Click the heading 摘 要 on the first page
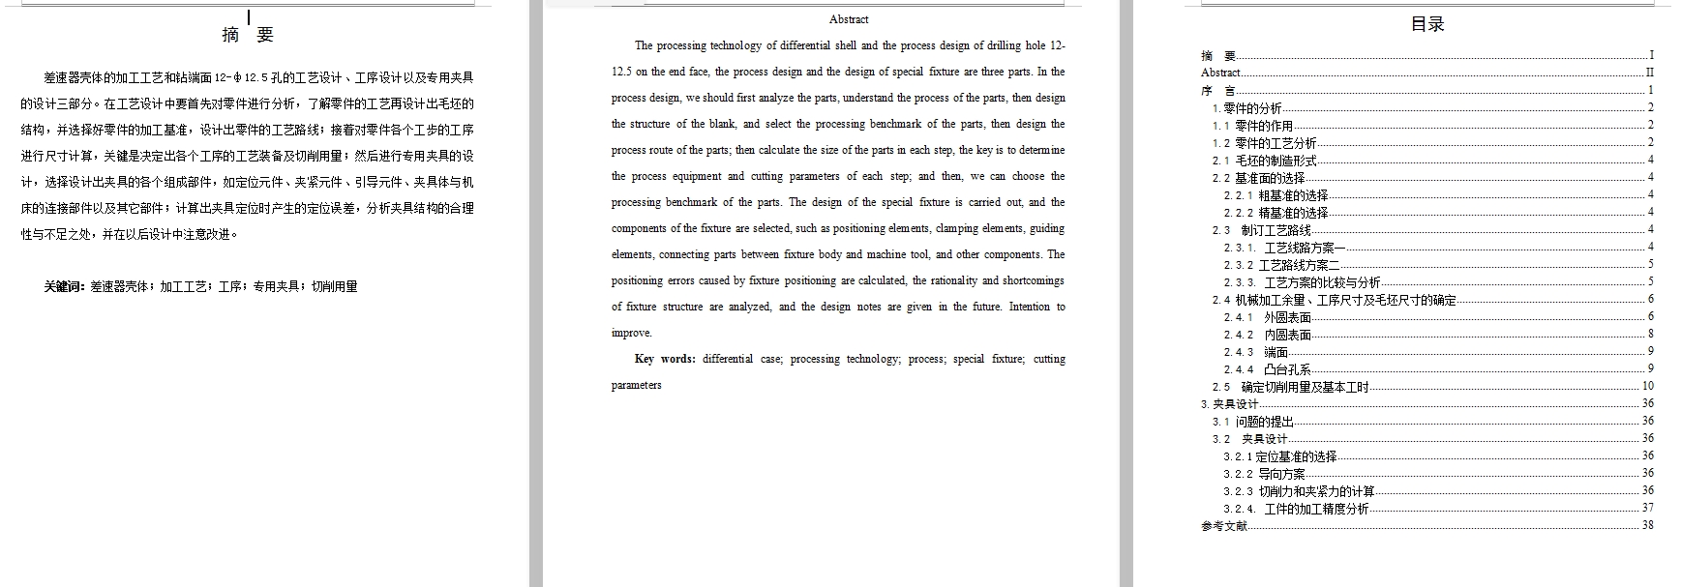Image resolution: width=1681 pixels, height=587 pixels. (248, 36)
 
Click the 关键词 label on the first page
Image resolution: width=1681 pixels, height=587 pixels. (65, 287)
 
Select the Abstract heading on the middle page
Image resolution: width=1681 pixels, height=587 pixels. (849, 19)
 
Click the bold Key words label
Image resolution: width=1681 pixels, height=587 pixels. (665, 359)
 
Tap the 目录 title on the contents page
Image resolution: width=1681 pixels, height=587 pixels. (1427, 25)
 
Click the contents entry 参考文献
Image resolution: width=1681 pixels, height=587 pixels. (1224, 526)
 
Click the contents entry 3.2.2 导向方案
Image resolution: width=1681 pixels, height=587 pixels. (1264, 474)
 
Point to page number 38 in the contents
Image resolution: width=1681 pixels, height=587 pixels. (1647, 525)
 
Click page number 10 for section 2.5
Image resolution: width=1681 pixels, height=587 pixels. (1647, 386)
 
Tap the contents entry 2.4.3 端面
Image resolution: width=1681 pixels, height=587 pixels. (1256, 352)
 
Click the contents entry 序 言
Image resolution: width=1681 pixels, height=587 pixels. (1217, 91)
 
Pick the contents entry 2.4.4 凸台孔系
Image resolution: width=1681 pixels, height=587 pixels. (1268, 369)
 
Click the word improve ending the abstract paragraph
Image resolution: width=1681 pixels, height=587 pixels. (631, 333)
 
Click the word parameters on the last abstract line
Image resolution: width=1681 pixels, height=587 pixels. (637, 385)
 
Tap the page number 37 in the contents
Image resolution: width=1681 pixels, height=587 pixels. (1647, 508)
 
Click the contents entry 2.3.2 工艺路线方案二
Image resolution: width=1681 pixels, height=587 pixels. (1281, 265)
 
